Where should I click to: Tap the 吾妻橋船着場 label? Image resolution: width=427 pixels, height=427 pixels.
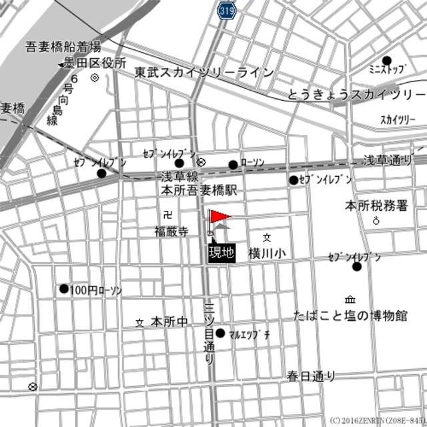[x=63, y=47]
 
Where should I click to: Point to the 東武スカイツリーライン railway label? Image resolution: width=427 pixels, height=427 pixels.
[x=203, y=72]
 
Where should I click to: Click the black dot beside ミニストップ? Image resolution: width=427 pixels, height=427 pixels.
[x=386, y=60]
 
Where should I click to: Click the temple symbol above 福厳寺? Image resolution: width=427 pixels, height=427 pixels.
[x=166, y=214]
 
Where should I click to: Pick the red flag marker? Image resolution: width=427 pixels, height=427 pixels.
[x=218, y=218]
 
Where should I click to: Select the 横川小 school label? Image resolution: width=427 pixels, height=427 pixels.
[x=267, y=253]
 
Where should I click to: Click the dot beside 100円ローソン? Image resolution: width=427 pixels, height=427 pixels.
[x=64, y=289]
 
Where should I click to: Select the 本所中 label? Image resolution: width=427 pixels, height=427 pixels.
[x=169, y=322]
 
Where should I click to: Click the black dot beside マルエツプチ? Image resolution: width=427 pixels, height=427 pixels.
[x=220, y=332]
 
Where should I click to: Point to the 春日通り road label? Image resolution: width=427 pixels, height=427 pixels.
[x=311, y=376]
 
